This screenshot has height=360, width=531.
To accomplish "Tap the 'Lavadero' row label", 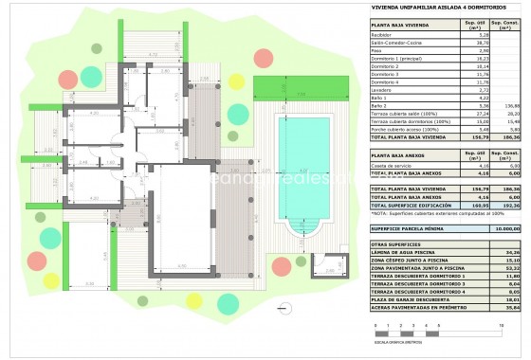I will pyautogui.click(x=383, y=89).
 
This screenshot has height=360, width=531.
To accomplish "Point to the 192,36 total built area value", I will pyautogui.click(x=508, y=204).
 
